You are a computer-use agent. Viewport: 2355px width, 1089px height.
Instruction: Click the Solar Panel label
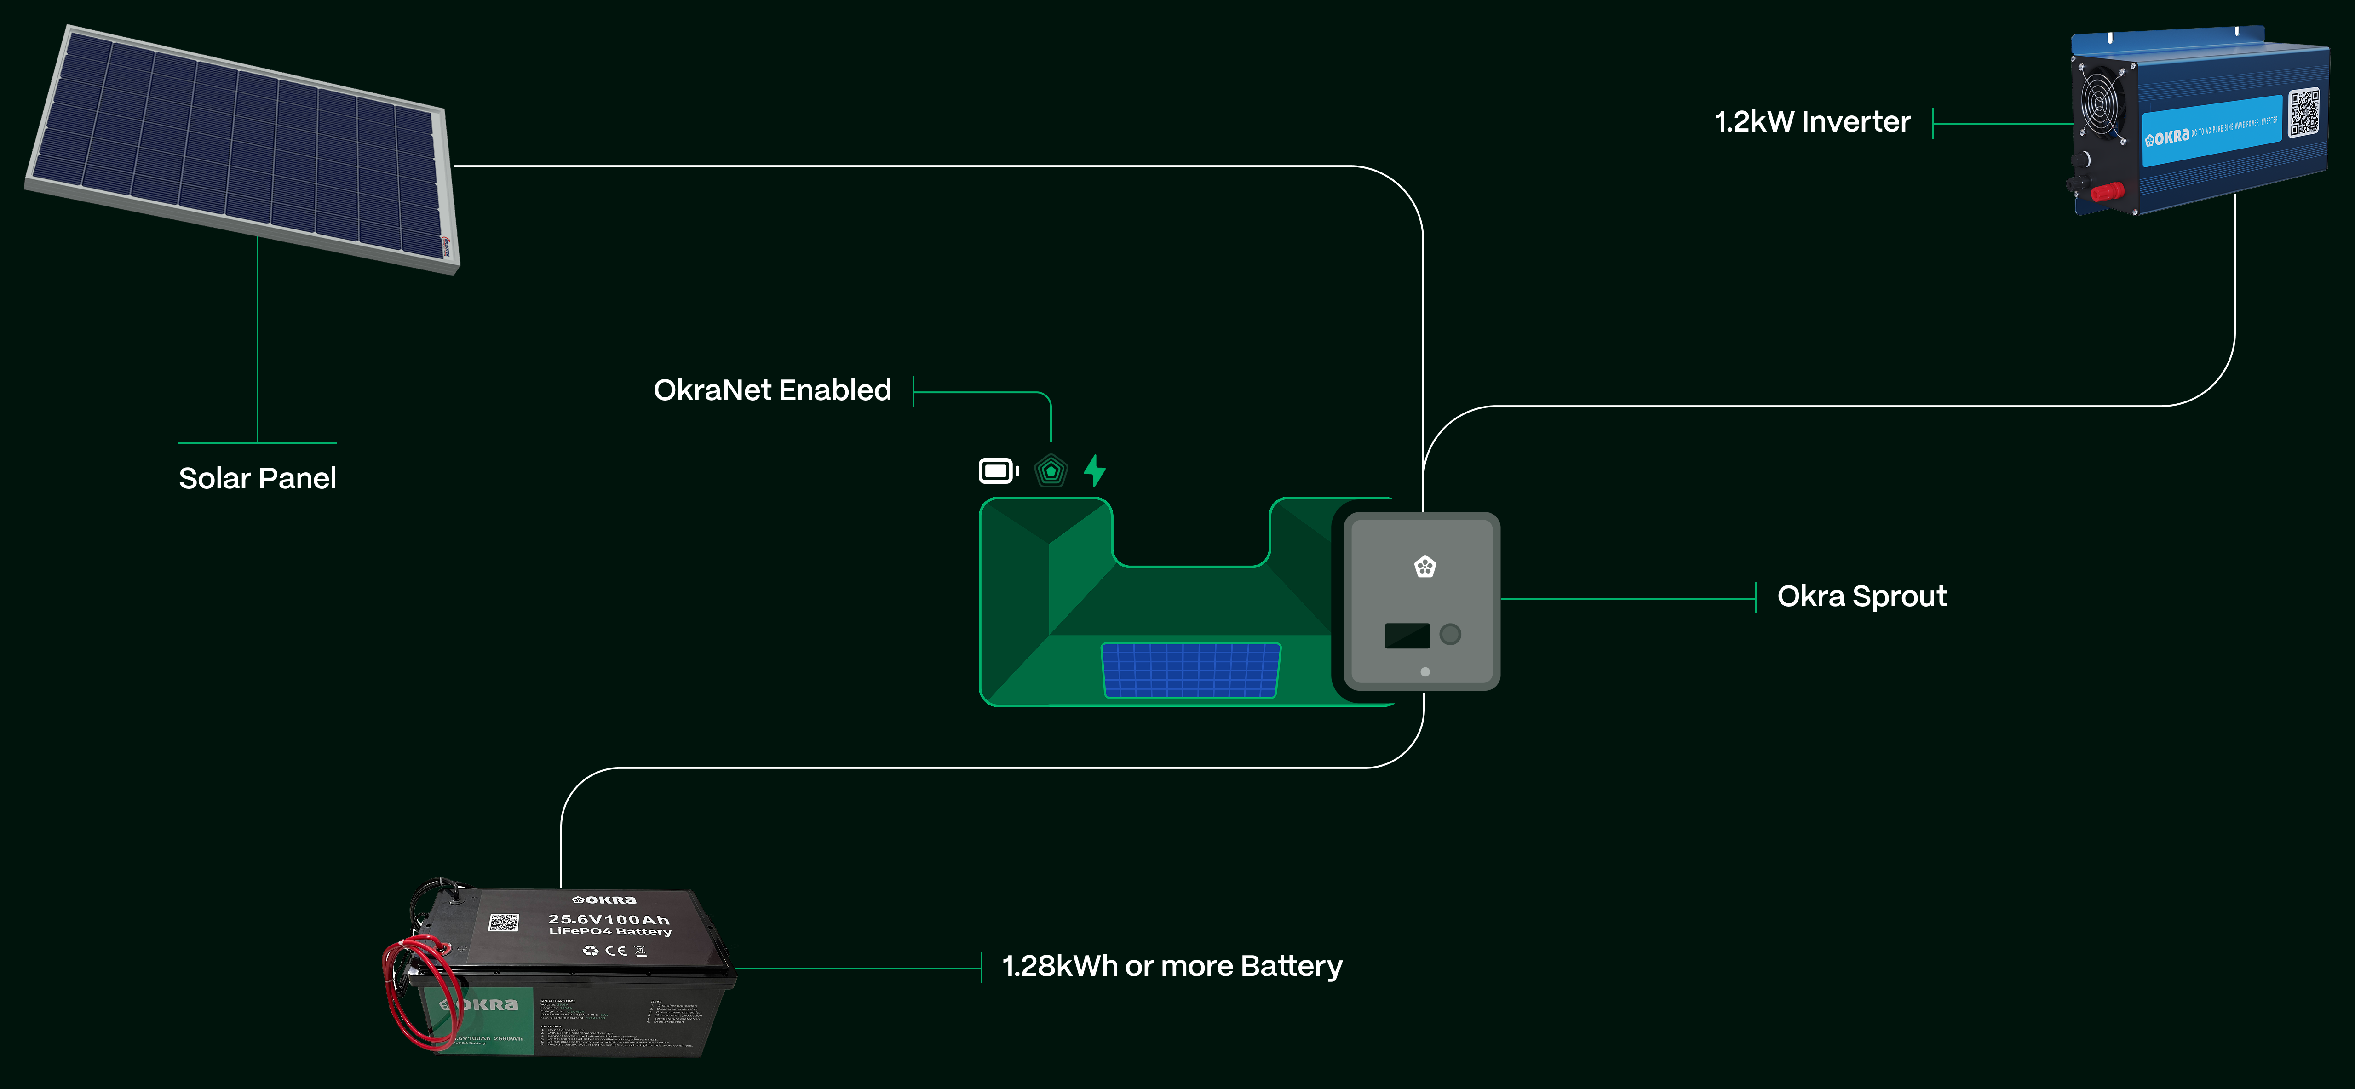pos(257,478)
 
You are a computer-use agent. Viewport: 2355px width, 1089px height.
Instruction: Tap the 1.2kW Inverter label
pos(1812,121)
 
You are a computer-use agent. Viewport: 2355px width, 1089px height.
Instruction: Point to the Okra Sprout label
pos(1861,596)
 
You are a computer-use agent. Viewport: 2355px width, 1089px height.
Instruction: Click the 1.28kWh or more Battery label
pos(1172,967)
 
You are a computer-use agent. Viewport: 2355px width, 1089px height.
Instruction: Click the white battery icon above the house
pos(998,471)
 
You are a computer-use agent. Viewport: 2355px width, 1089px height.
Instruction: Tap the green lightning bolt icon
pos(1094,471)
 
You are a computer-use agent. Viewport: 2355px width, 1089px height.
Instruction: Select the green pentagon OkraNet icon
pos(1051,471)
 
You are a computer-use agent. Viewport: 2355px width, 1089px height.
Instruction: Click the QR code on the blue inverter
pos(2304,113)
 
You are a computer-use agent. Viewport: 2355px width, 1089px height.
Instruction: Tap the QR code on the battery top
pos(503,922)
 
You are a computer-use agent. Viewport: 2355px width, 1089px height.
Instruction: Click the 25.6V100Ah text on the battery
pos(609,919)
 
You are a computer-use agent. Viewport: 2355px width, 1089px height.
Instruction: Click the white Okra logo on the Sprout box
pos(1424,567)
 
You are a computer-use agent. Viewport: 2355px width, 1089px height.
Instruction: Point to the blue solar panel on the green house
pos(1190,670)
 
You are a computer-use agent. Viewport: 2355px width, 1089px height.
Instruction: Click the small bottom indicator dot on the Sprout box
pos(1424,672)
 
